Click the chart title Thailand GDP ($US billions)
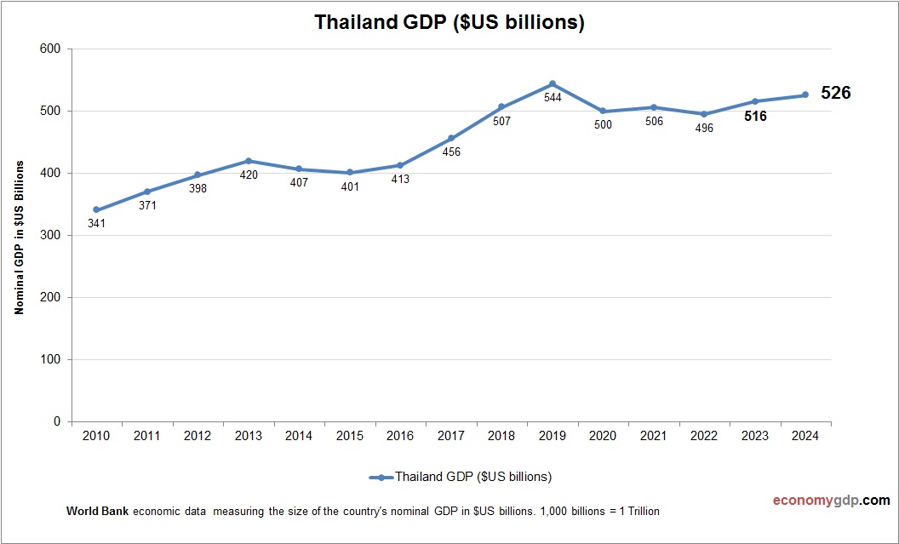449,22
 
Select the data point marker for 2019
553,83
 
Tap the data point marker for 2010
96,209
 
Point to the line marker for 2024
805,94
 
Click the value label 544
553,99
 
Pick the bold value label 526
835,94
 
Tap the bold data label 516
755,117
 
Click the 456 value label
451,152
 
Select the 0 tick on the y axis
57,421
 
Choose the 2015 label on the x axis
350,436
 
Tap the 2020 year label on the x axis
603,436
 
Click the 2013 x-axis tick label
248,436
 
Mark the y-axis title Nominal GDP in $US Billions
19,238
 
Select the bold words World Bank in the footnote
98,512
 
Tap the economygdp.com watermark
819,501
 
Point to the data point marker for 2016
400,165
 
